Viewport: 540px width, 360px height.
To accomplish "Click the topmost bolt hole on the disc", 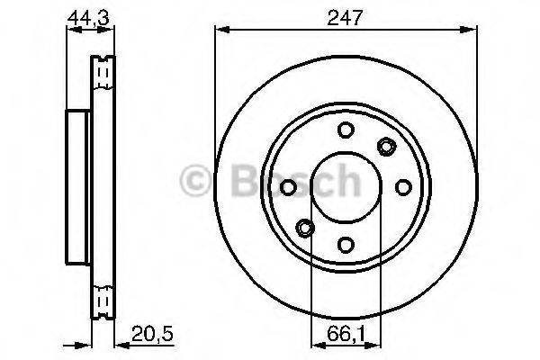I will pos(346,130).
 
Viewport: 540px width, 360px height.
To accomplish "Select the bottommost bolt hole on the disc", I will pos(346,243).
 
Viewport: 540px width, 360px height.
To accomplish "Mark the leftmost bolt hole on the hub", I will pos(289,186).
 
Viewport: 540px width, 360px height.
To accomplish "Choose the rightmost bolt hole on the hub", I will pos(402,186).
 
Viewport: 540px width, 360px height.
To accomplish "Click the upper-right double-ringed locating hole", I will pos(386,147).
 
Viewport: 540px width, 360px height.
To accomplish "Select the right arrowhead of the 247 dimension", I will pos(472,31).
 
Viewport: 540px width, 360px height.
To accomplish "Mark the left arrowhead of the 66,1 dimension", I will pos(315,343).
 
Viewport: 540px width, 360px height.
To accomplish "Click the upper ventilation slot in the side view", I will pos(104,67).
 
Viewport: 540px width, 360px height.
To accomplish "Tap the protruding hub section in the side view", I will pos(78,186).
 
